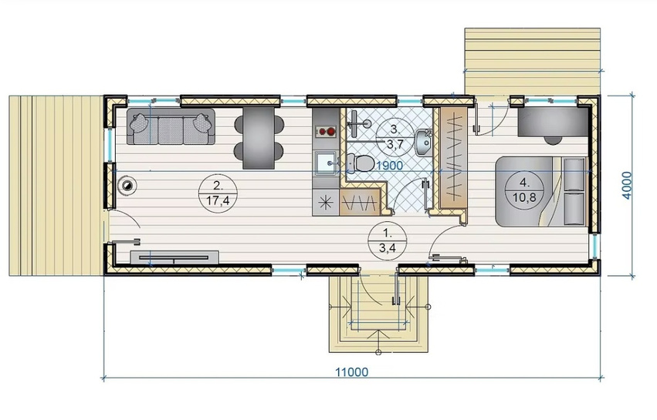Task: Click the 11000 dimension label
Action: click(352, 372)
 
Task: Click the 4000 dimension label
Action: click(626, 185)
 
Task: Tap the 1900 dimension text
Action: click(390, 166)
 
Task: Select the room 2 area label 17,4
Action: click(218, 201)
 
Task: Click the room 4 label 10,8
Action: click(524, 197)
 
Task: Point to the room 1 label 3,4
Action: click(388, 248)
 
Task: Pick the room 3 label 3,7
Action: click(395, 145)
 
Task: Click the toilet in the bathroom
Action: click(361, 163)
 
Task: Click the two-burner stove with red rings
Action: click(326, 132)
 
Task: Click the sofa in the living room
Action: click(171, 126)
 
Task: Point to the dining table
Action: click(259, 138)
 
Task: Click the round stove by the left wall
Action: click(127, 185)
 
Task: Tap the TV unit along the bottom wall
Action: click(174, 257)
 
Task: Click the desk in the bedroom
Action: click(553, 121)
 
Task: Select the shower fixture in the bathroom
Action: click(359, 123)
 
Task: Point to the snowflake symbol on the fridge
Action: click(326, 203)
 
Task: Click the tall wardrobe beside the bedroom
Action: click(453, 157)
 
